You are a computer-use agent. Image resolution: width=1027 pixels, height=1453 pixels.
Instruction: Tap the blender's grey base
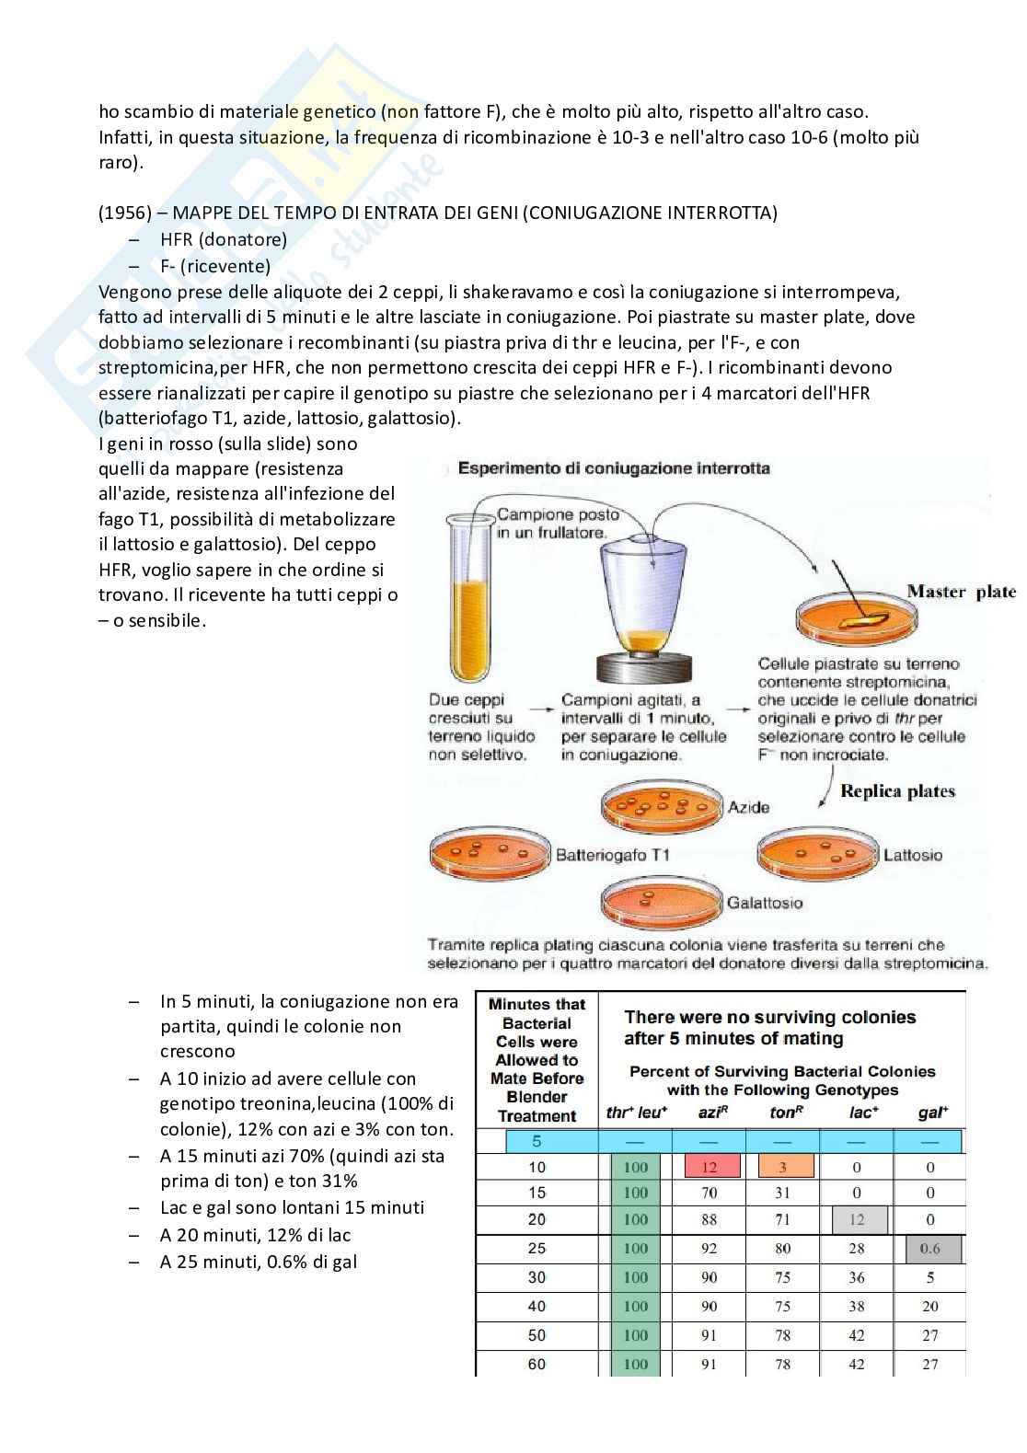point(643,667)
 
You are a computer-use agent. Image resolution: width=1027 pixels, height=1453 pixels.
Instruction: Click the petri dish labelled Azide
point(662,807)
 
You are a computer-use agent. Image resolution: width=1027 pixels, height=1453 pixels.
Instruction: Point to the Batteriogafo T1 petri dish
point(490,853)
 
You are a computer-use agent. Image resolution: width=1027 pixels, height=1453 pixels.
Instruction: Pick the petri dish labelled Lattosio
point(818,853)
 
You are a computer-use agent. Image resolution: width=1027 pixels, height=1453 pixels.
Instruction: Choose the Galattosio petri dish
point(661,903)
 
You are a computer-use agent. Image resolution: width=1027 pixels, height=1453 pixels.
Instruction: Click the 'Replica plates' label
point(897,791)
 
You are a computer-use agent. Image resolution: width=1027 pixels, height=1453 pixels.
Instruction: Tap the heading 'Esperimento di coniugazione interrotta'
point(614,468)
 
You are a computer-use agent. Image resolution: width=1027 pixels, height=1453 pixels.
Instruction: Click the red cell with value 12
point(711,1167)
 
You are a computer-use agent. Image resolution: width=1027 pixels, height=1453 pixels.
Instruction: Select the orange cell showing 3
point(786,1167)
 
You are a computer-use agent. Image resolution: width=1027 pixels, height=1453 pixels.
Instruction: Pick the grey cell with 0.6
point(933,1248)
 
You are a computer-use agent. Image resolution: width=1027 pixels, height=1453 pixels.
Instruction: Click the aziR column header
point(712,1113)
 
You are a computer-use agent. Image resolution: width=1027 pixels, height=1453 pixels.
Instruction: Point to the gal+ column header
point(933,1113)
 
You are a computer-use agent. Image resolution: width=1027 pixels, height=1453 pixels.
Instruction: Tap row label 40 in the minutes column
point(537,1306)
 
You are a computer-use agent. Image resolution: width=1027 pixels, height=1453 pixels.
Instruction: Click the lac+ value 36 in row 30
point(857,1277)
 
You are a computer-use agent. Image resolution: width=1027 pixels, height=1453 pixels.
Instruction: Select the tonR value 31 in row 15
point(783,1193)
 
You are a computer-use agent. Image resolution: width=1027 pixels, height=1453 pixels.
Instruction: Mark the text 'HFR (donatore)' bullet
point(224,240)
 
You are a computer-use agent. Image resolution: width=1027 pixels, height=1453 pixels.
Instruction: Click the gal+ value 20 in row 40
point(930,1307)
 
